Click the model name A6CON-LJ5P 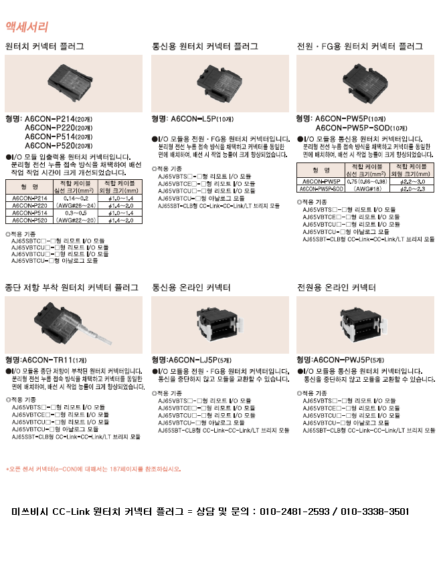click(195, 359)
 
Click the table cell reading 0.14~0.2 click(74, 199)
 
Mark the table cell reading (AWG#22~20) click(74, 219)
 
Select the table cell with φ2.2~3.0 click(412, 181)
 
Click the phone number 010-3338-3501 click(375, 511)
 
